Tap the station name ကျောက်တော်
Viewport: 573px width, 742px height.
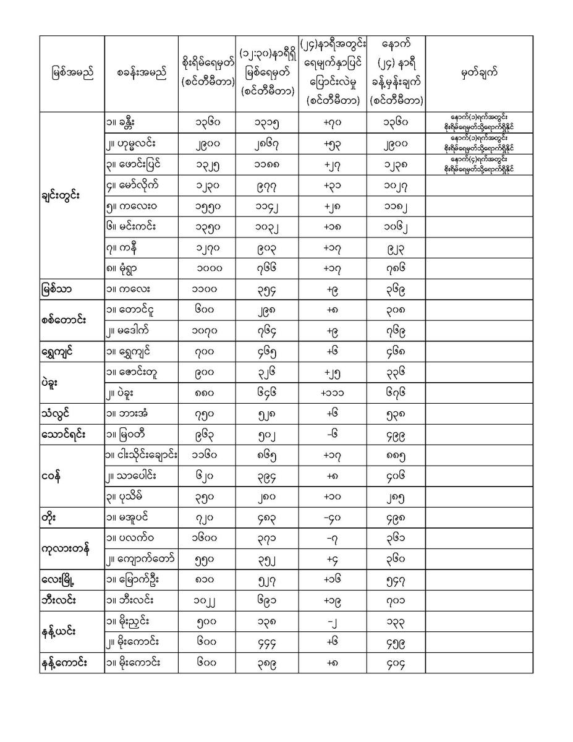tap(140, 560)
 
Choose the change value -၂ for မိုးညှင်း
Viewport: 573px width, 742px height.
tap(333, 621)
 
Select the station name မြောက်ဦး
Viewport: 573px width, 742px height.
tap(137, 580)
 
